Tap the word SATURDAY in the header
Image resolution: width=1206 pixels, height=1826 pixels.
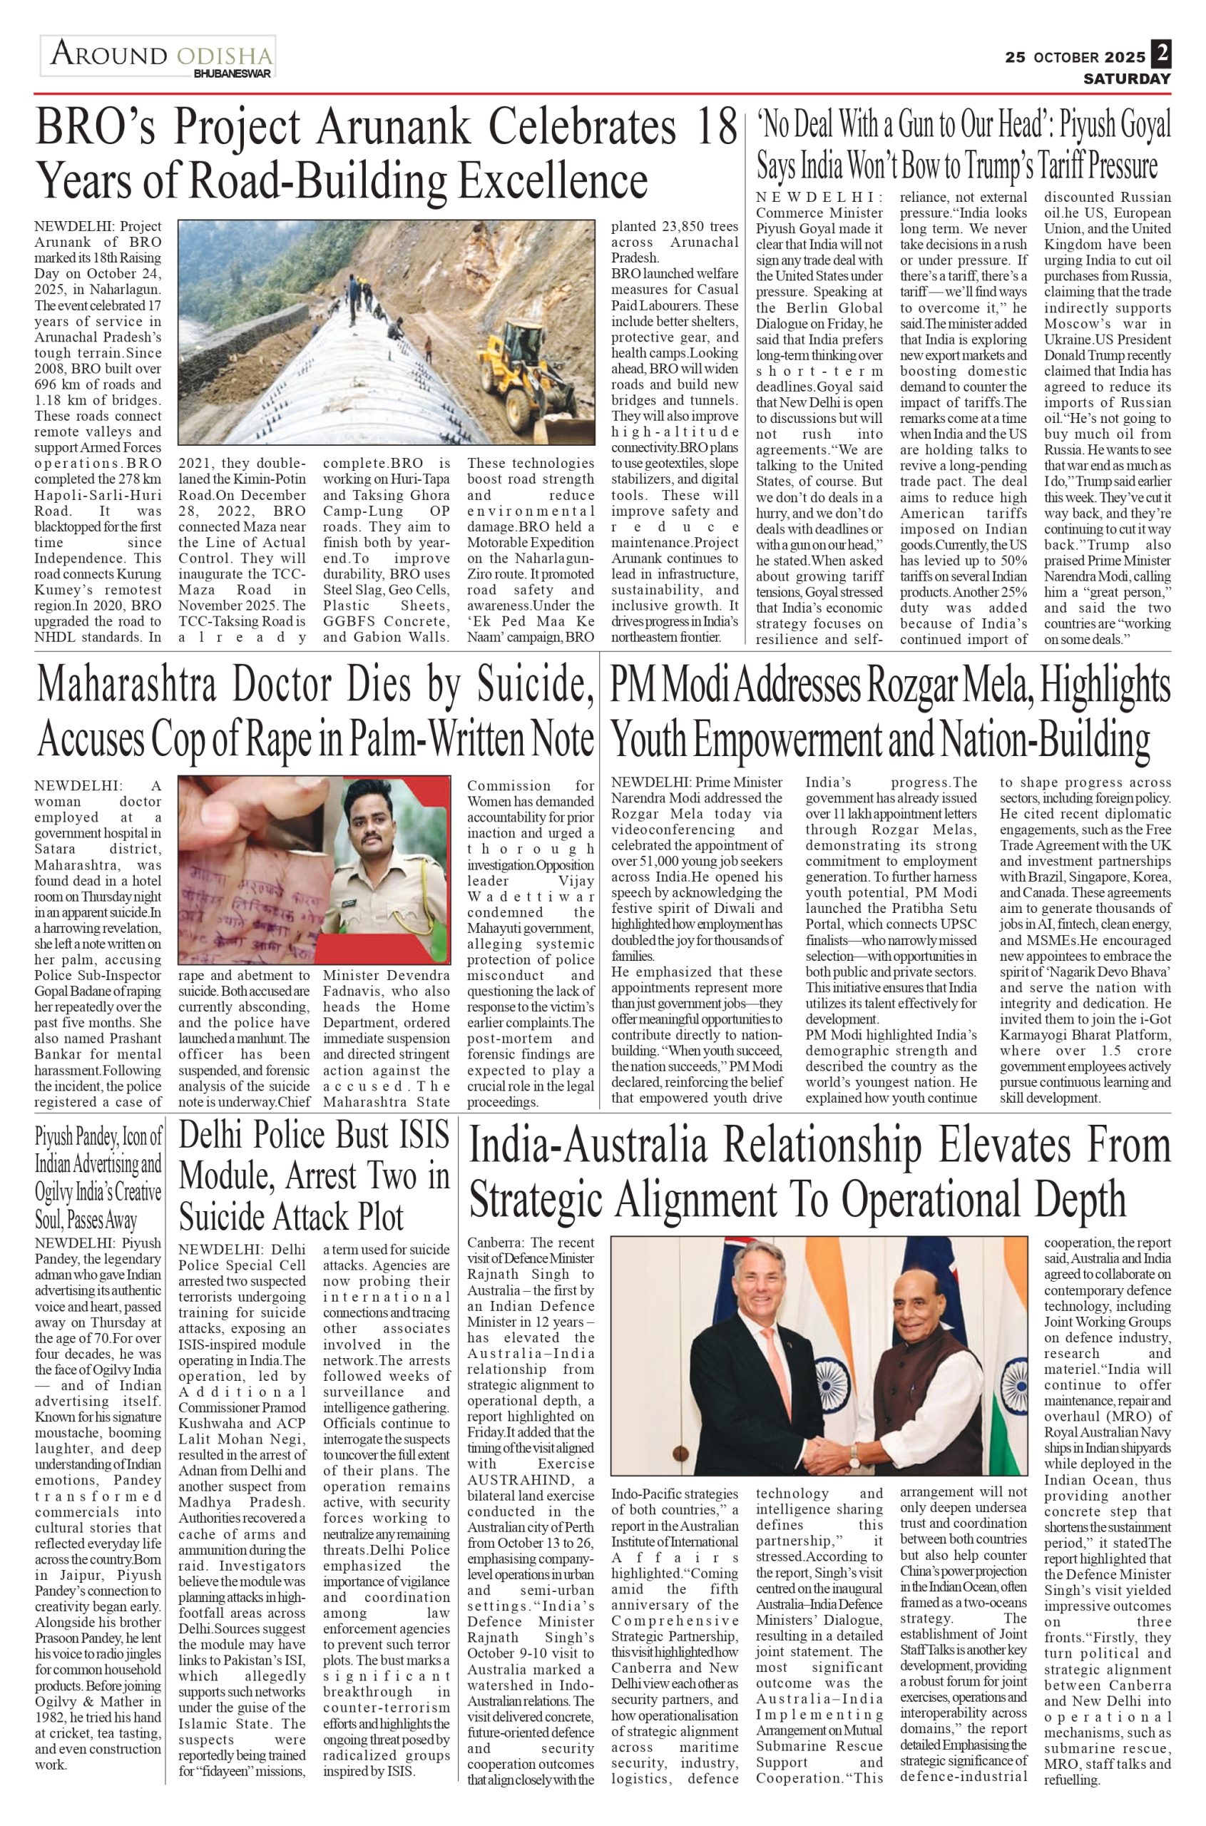point(1127,78)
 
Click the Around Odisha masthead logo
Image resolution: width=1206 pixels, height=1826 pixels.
point(158,56)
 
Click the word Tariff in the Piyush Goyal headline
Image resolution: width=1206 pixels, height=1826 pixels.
point(1072,165)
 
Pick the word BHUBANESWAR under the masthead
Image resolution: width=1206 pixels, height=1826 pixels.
point(232,74)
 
